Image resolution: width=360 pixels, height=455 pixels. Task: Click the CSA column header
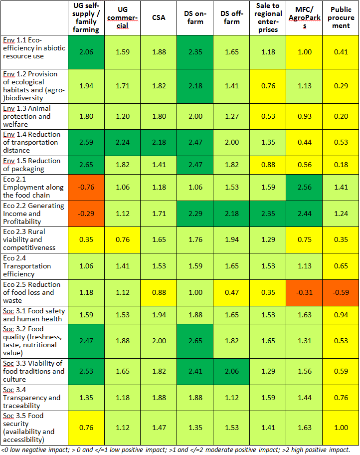(x=158, y=18)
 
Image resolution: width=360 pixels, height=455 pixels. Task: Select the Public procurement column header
(x=341, y=18)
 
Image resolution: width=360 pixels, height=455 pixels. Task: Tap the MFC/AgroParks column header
(x=304, y=18)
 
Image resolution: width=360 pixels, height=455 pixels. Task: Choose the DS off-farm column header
(x=231, y=18)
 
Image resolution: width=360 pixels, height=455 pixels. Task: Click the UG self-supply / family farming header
(x=86, y=18)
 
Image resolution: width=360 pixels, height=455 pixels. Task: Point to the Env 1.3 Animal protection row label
(x=33, y=116)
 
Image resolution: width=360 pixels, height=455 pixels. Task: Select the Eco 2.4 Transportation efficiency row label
(x=33, y=266)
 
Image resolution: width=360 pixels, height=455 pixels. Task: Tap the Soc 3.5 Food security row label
(x=33, y=428)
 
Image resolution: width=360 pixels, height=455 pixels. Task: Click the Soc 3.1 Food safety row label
(x=33, y=315)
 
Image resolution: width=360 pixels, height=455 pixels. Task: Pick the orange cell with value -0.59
(x=341, y=292)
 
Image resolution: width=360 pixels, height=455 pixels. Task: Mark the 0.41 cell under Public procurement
(x=341, y=51)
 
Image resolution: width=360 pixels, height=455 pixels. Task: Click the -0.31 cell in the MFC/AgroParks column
(x=304, y=292)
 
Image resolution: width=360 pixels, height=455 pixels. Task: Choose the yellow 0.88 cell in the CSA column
(x=158, y=292)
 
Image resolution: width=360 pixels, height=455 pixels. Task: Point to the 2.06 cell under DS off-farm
(x=231, y=371)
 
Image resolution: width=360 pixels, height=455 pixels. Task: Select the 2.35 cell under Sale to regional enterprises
(x=268, y=214)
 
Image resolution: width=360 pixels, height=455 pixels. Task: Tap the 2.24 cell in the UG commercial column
(x=122, y=142)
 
